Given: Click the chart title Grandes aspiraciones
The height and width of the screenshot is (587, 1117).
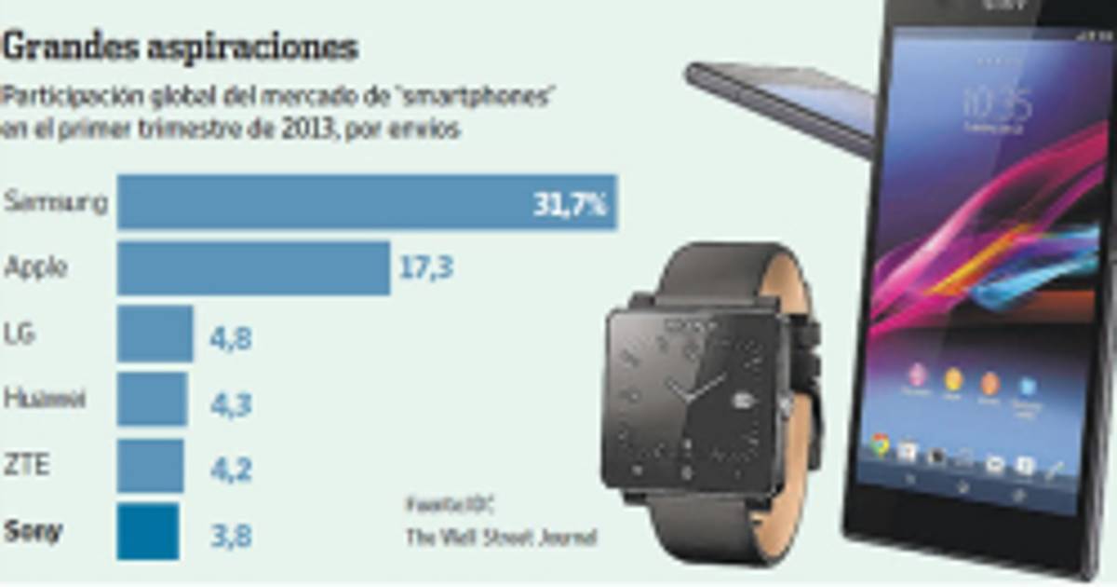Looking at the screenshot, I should [x=182, y=47].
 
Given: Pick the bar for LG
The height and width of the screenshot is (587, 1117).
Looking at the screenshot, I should [x=155, y=334].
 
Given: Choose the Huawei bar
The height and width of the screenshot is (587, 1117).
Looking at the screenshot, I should [x=152, y=400].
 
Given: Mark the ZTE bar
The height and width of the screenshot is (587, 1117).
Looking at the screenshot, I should [x=150, y=466].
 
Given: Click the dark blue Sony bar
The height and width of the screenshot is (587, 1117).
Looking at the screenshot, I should [x=148, y=532].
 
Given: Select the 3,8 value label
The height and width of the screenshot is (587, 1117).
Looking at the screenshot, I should [x=229, y=537].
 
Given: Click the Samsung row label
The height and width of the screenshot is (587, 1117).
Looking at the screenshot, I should [x=55, y=202].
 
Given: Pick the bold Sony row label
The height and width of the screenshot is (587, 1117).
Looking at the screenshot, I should [x=34, y=532].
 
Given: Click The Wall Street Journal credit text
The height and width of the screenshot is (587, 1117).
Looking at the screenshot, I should [x=500, y=538].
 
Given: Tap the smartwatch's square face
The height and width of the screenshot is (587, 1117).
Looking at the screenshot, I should [x=696, y=396].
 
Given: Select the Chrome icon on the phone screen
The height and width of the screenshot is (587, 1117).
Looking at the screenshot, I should [x=879, y=447].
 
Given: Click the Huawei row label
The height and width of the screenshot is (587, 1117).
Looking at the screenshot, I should [x=45, y=400].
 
